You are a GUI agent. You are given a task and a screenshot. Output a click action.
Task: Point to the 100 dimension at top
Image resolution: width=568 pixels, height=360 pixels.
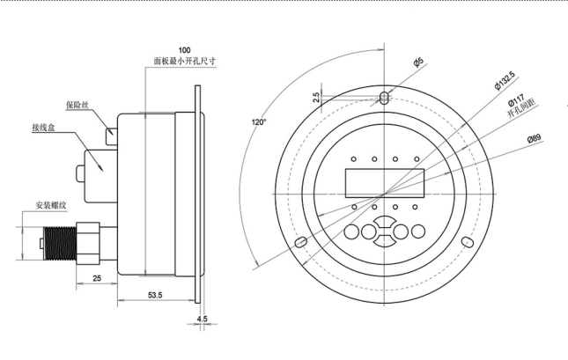[184, 49]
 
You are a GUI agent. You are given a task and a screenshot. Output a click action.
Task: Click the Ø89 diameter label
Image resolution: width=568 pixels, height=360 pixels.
[535, 139]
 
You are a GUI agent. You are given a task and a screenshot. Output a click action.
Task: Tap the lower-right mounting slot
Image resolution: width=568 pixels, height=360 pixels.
[469, 242]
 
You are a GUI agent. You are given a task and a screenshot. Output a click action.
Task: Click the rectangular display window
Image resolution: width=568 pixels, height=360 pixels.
[385, 183]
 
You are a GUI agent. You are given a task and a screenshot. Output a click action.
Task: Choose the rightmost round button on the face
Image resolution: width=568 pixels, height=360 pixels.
[418, 232]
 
